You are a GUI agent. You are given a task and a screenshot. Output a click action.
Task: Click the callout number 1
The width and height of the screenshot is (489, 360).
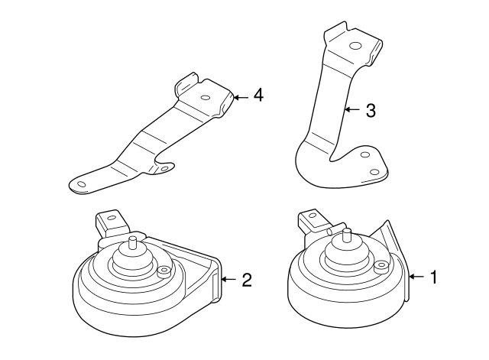coord(434,277)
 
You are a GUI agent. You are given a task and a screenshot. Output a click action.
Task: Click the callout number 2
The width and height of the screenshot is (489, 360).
coord(246,280)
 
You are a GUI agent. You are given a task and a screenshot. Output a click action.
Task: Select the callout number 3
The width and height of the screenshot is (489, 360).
coord(371,110)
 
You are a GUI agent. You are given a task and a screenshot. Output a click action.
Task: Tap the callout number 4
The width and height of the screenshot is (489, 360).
coord(258,96)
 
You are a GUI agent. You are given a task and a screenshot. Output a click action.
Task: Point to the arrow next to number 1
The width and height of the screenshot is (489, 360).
coord(417,277)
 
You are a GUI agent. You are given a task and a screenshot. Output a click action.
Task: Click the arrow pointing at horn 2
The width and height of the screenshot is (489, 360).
coord(228,280)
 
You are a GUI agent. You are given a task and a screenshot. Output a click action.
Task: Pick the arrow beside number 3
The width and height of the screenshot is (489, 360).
coord(352,110)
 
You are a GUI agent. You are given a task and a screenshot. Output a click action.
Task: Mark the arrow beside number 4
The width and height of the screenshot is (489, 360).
coord(241,96)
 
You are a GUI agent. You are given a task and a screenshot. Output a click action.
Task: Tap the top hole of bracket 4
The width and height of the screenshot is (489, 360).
coord(206,97)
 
